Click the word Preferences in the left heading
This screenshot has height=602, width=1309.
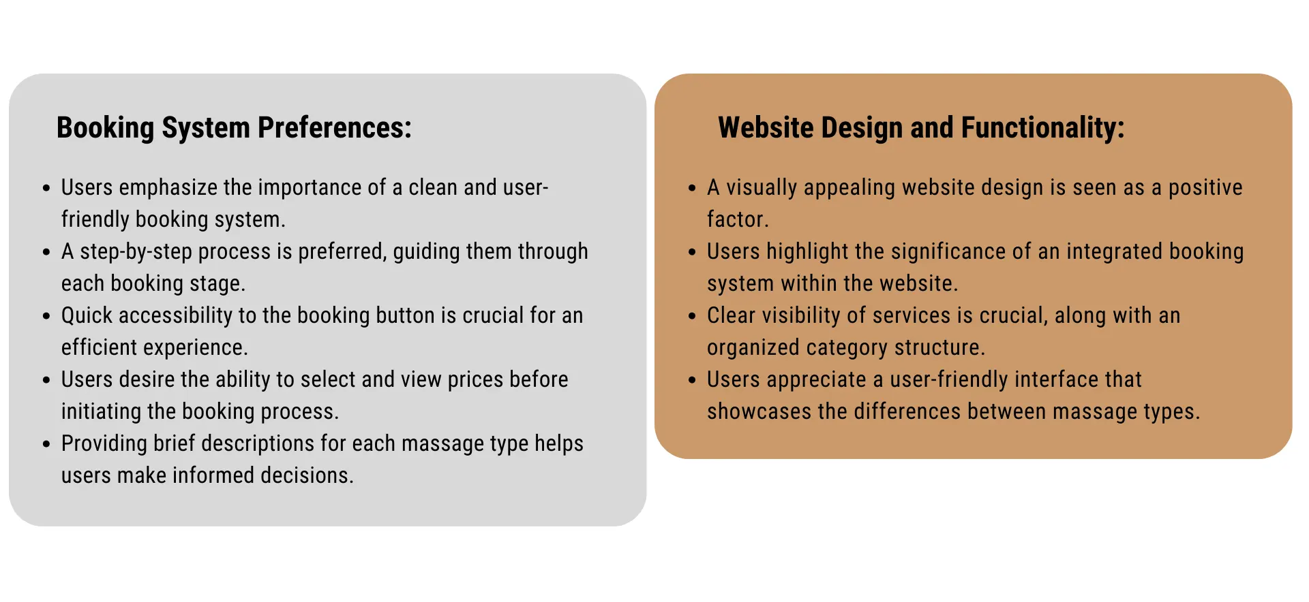coord(335,127)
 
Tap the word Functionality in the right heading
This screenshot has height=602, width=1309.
coord(1043,127)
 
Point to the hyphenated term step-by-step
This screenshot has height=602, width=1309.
coord(136,252)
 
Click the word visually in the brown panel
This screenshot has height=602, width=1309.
coord(762,188)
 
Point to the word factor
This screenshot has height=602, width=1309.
coord(738,219)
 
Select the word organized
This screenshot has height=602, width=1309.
coord(753,348)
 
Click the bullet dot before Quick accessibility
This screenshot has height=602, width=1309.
coord(46,316)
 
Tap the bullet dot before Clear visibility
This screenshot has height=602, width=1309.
coord(692,316)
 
